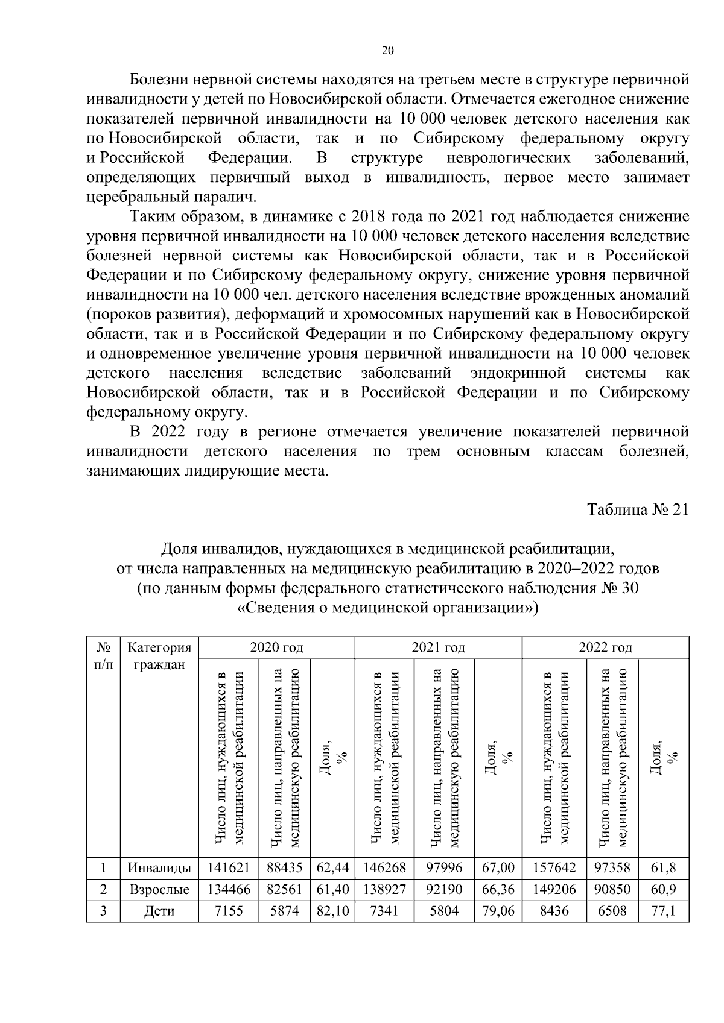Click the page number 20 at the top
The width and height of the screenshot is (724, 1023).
tap(388, 51)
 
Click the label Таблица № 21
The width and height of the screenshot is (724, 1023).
tap(638, 509)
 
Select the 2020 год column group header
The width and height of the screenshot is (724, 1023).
tap(276, 647)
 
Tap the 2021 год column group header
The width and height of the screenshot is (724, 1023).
tap(438, 647)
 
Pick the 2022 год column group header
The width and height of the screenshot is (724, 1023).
tap(605, 647)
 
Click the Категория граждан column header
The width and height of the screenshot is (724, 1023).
tap(159, 656)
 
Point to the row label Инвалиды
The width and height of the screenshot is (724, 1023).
tap(159, 868)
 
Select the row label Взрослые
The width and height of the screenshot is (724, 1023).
tap(159, 889)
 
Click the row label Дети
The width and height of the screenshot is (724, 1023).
tap(159, 910)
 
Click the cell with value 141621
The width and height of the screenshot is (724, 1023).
tap(229, 868)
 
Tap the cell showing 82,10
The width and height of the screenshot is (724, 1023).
tap(332, 910)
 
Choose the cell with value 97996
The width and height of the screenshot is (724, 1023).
tap(444, 868)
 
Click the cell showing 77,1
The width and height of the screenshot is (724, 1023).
tap(663, 910)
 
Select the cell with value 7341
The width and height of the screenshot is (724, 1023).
tap(384, 910)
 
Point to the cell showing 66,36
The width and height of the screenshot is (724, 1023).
tap(498, 889)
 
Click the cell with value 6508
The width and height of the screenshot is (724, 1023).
tap(612, 910)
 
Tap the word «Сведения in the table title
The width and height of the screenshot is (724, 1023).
tap(273, 608)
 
